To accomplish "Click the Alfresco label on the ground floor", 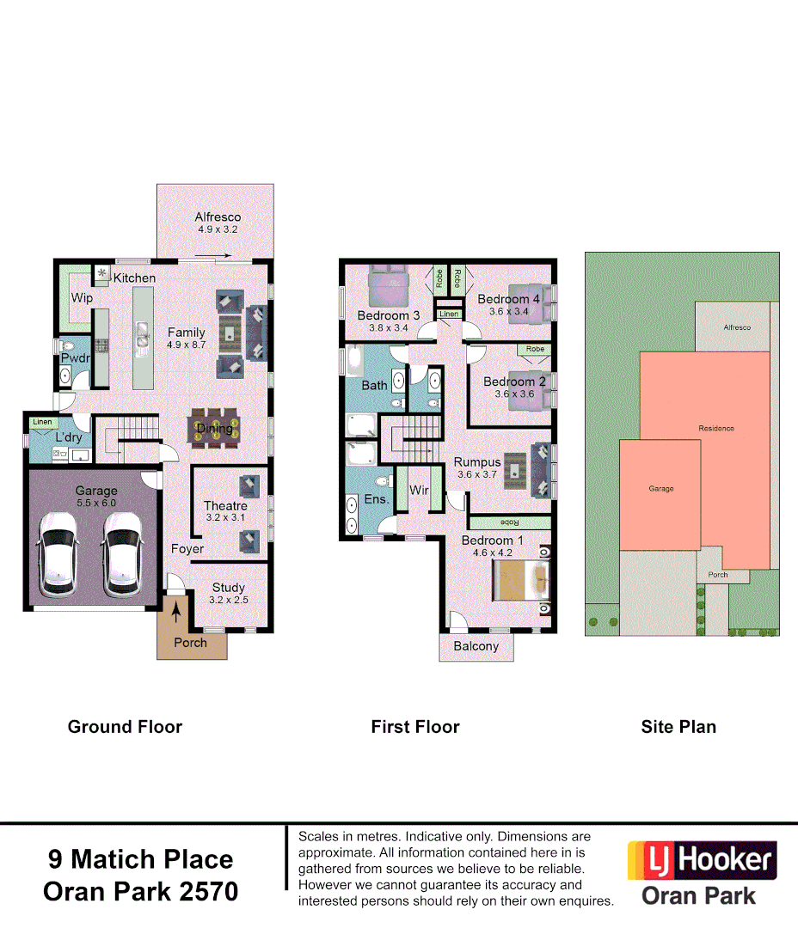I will point(218,217).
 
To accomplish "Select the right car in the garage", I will point(123,554).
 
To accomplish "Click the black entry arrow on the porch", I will point(178,613).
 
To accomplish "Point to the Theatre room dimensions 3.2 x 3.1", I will point(225,517).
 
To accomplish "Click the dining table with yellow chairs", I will point(215,429).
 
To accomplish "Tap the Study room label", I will point(229,588).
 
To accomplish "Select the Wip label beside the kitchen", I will point(82,298).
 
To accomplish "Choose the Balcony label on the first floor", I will point(476,646).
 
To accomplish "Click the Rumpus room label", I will point(477,462).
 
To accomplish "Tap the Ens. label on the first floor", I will point(378,498).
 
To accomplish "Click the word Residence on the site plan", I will point(715,428).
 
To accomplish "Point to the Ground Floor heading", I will point(125,727).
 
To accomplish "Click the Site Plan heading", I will point(678,727).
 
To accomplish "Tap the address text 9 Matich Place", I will point(139,859).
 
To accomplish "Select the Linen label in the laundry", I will point(41,422).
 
